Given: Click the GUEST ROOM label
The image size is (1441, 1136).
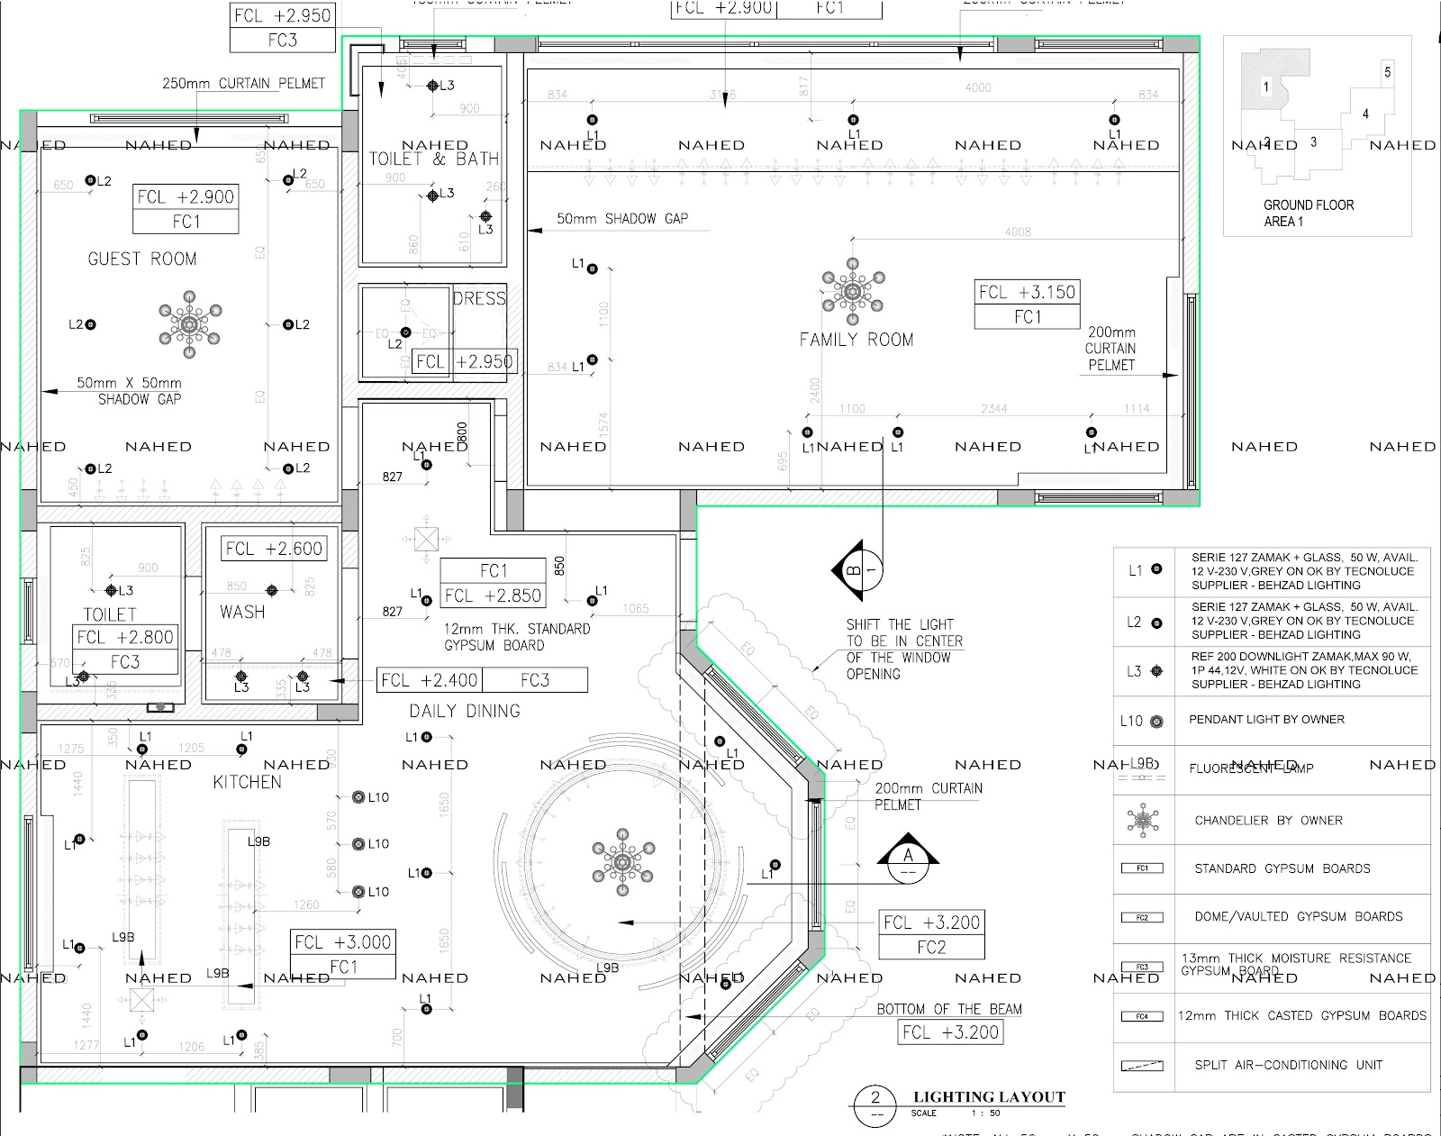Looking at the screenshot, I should (x=141, y=259).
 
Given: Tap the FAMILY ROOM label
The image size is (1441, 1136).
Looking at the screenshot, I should (x=856, y=340).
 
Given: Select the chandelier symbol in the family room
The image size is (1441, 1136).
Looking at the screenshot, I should (x=852, y=291).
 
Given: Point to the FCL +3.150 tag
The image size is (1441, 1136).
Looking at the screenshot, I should (x=1027, y=293).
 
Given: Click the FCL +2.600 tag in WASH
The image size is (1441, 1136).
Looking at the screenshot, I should (x=274, y=549).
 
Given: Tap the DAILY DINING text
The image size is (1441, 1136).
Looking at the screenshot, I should (x=465, y=711).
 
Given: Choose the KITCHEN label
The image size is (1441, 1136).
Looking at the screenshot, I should (x=247, y=782).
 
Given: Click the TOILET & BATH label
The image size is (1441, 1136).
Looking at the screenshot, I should (x=433, y=159).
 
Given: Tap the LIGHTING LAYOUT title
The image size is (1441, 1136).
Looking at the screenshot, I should (x=989, y=1097).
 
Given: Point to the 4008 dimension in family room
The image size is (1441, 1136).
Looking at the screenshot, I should (x=1017, y=232).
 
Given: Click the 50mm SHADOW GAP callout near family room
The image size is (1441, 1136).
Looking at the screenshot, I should (x=621, y=219).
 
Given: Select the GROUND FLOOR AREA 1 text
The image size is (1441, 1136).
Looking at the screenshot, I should (x=1308, y=213).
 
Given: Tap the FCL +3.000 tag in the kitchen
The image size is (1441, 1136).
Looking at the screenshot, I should (x=343, y=942).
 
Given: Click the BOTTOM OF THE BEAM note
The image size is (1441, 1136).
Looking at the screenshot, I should (x=949, y=1009).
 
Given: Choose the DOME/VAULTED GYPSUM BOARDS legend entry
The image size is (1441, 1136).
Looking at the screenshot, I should (x=1298, y=917).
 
